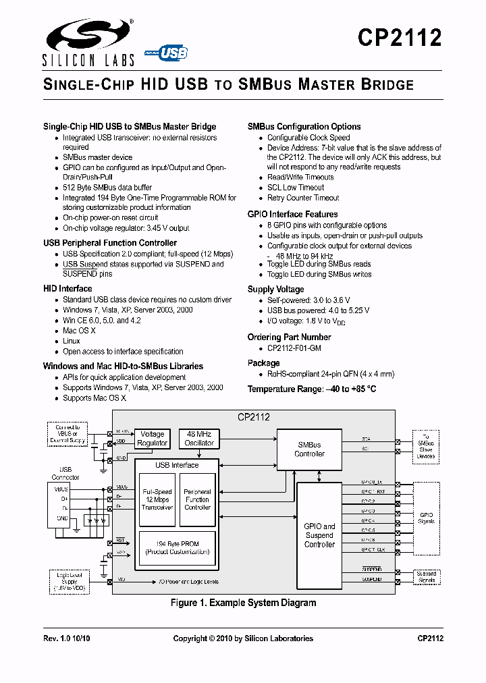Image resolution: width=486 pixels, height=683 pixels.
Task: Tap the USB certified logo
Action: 166,52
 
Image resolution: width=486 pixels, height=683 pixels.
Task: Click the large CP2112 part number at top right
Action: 400,37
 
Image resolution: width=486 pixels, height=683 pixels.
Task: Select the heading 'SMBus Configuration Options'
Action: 304,127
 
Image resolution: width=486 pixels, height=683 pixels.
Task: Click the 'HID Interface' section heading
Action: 67,289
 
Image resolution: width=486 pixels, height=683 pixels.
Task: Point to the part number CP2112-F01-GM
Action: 294,348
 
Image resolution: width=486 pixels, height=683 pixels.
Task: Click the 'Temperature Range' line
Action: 312,389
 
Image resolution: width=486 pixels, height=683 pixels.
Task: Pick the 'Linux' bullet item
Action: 72,341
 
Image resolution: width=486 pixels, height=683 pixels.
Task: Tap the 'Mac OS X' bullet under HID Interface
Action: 79,331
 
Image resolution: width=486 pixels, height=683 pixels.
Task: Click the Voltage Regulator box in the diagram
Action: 153,439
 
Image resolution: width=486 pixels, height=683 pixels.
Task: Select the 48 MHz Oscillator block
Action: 199,439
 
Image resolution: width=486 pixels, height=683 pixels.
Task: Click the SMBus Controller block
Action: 310,449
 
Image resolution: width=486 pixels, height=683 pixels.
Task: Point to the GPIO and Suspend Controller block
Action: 319,535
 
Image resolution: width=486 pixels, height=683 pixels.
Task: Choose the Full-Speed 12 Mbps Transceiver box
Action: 157,500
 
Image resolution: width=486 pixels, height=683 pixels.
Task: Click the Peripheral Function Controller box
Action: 198,500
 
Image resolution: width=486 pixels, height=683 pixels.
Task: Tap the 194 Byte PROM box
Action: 178,547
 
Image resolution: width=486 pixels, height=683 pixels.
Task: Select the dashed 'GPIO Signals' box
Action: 426,518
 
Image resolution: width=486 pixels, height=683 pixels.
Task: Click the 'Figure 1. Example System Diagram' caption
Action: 243,603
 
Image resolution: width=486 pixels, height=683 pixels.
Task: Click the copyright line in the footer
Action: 243,638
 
